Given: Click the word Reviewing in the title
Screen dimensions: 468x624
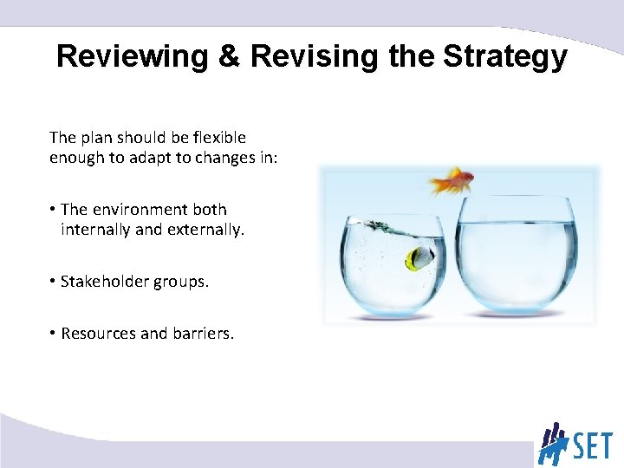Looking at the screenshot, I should coord(132,57).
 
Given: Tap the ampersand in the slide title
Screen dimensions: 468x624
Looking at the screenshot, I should coord(230,57).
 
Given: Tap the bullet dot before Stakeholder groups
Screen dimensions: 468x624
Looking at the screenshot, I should coord(53,282).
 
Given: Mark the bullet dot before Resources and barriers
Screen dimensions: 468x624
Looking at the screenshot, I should coord(53,333).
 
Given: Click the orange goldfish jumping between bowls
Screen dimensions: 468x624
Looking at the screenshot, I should coord(452,181).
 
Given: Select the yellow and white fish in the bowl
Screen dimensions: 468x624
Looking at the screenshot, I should coord(419,257).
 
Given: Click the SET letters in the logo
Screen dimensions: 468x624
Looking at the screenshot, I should coord(592,445).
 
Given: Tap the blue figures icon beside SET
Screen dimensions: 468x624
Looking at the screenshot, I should coord(553,443).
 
